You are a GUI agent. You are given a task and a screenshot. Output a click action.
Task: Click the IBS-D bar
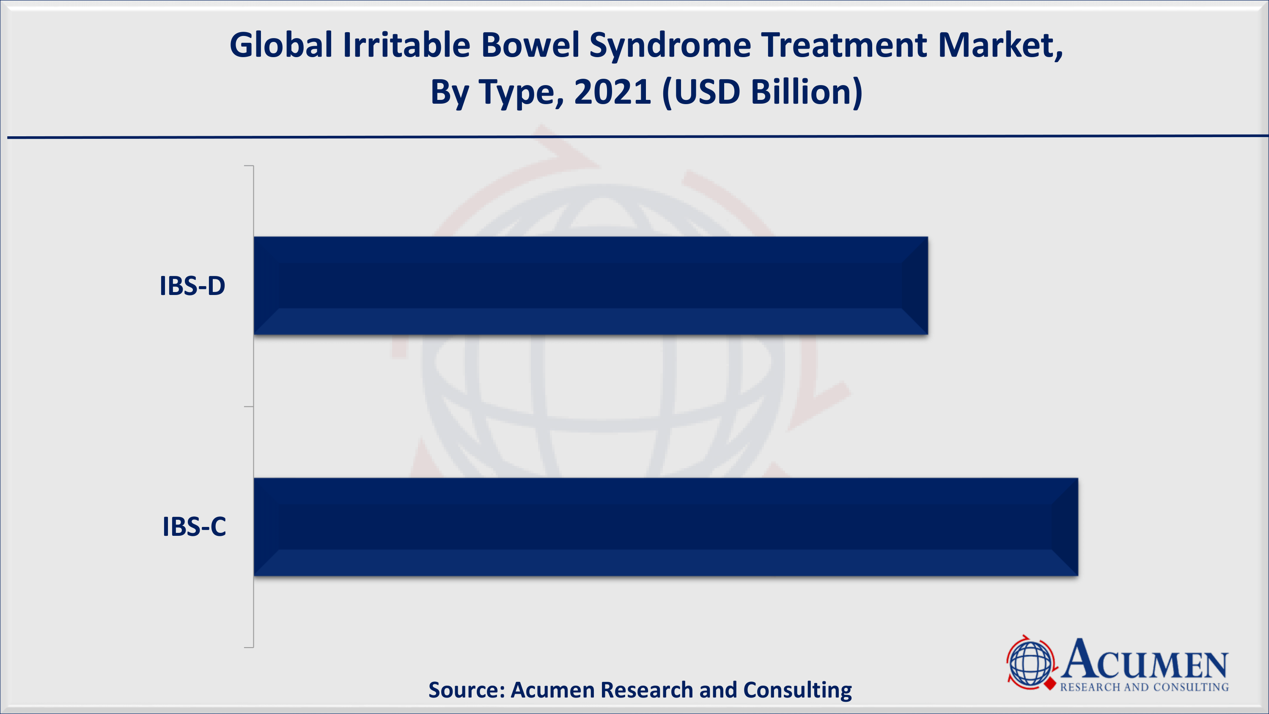pos(591,286)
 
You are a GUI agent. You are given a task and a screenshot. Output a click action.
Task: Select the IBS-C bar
pos(666,527)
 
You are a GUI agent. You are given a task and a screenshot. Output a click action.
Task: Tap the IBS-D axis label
pos(192,286)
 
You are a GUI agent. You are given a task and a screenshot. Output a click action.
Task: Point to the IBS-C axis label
pos(194,527)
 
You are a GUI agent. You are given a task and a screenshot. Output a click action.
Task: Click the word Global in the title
pos(281,45)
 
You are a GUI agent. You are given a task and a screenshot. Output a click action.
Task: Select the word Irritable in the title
pos(407,45)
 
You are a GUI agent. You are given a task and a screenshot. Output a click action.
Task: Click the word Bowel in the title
pos(530,45)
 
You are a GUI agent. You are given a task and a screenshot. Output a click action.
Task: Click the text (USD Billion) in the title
pos(763,93)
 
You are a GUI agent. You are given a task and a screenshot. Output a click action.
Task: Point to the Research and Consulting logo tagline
pos(1144,687)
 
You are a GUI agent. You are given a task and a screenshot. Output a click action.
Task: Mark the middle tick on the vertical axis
pos(249,407)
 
